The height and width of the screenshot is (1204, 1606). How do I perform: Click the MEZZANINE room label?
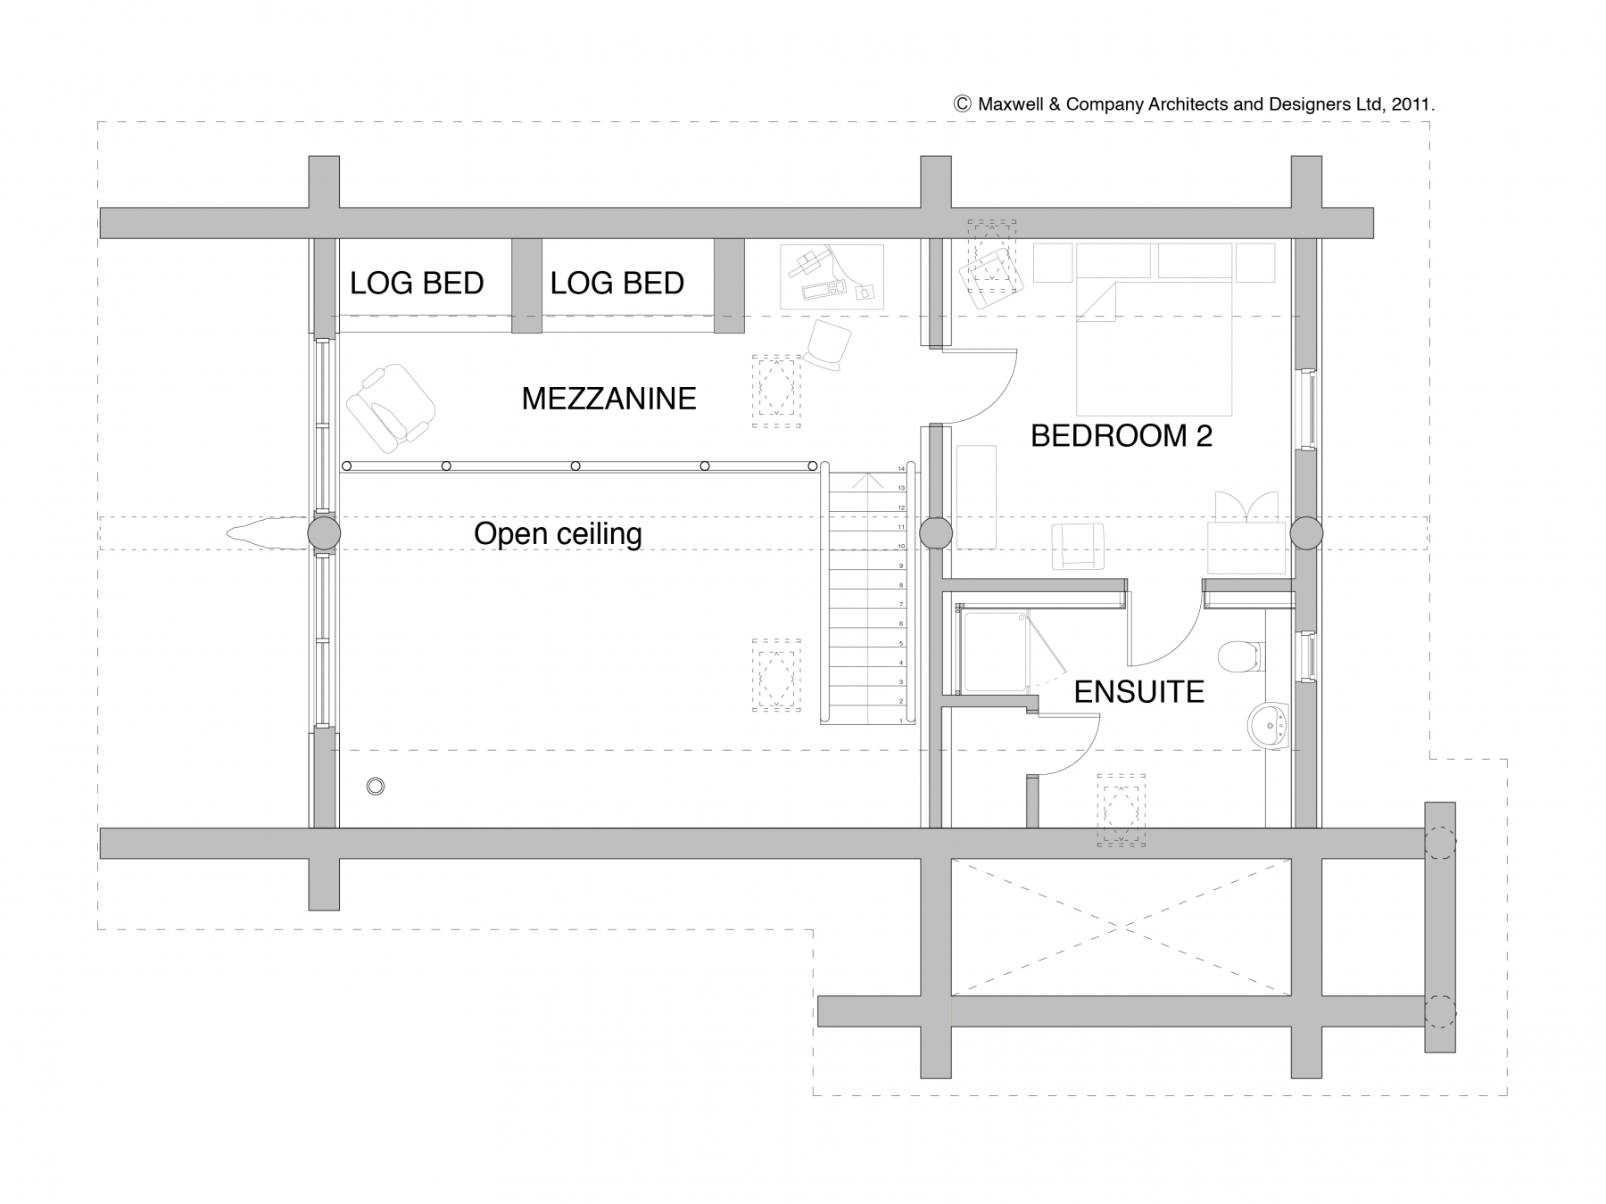coord(608,399)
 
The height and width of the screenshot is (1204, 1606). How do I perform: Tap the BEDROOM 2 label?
coord(1122,436)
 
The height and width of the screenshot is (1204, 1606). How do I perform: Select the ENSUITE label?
coord(1138,692)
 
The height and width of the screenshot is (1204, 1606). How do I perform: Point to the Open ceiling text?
coord(558,534)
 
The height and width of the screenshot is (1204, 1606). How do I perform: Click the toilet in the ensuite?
coord(1241,656)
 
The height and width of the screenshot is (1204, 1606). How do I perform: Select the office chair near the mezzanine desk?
coord(827,344)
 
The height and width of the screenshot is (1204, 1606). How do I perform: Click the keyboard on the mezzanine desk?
coord(823,290)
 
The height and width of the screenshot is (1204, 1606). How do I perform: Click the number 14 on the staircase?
coord(901,468)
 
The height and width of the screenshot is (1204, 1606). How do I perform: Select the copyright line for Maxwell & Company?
coord(1194,104)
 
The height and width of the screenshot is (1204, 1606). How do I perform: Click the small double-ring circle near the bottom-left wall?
coord(376,787)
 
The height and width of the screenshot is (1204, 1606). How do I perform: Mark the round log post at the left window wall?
coord(324,533)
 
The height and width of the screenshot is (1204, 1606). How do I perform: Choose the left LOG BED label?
coord(417,284)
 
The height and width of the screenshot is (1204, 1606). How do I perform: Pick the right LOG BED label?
coord(617,284)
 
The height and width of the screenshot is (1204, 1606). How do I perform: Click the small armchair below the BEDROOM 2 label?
coord(1078,546)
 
